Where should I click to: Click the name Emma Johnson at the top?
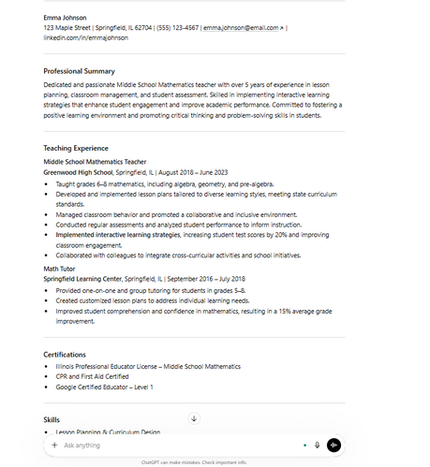click(65, 18)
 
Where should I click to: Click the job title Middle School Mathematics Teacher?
click(95, 162)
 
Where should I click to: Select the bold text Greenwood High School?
click(78, 172)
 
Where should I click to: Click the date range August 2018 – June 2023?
click(193, 172)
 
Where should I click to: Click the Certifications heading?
click(65, 355)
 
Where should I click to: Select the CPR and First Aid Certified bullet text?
click(92, 376)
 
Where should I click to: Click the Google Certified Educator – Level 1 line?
click(103, 387)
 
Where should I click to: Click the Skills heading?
click(52, 419)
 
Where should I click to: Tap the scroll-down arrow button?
click(194, 418)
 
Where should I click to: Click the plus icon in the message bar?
click(54, 445)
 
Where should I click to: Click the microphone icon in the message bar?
click(317, 445)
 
